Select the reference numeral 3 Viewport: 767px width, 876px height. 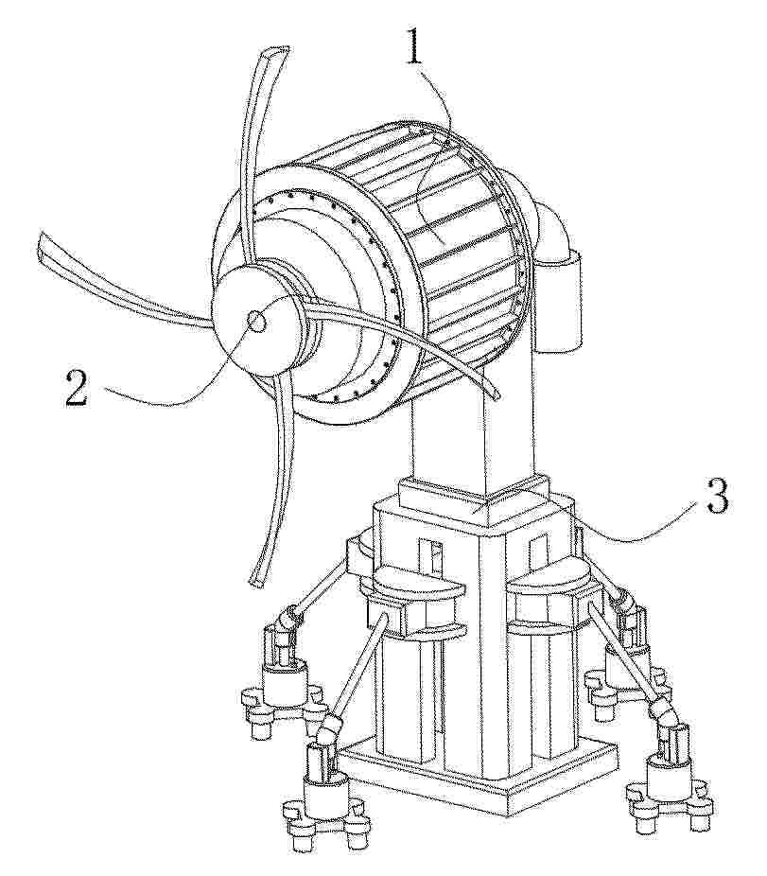click(x=717, y=497)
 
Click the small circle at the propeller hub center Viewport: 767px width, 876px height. click(x=257, y=322)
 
